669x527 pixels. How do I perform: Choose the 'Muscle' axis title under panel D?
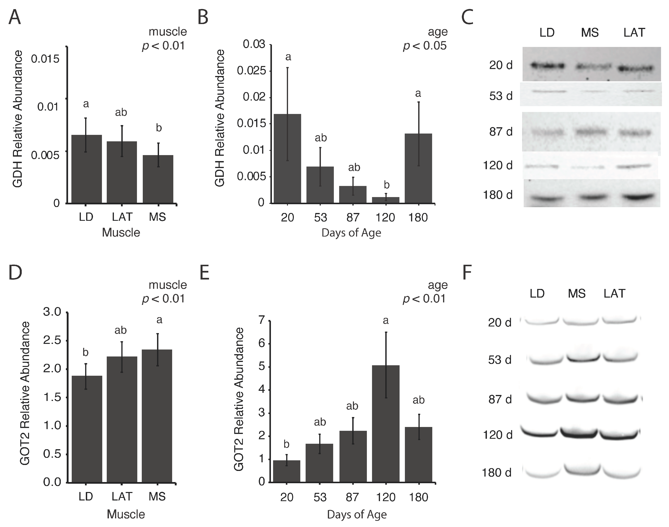[x=126, y=514]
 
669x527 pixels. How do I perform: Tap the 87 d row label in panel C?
[x=501, y=132]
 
